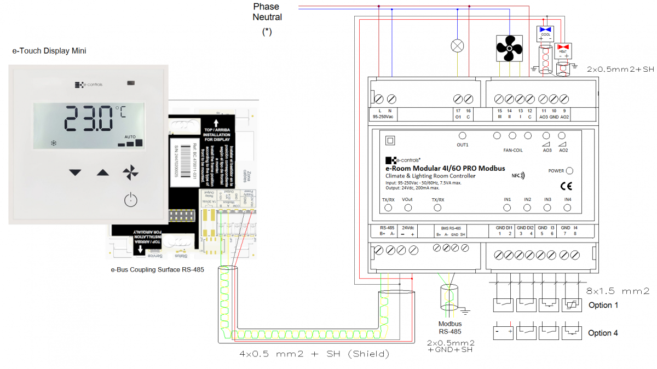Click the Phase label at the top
[x=266, y=7]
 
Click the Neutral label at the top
[x=267, y=17]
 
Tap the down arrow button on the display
[x=75, y=172]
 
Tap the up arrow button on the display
[x=103, y=172]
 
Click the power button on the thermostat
[x=130, y=200]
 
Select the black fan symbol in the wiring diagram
[x=509, y=49]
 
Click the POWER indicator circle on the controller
[x=570, y=171]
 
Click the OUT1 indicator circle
[x=463, y=135]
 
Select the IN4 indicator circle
[x=568, y=207]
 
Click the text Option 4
[x=603, y=333]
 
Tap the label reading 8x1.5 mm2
[x=617, y=291]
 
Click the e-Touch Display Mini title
[x=49, y=51]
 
